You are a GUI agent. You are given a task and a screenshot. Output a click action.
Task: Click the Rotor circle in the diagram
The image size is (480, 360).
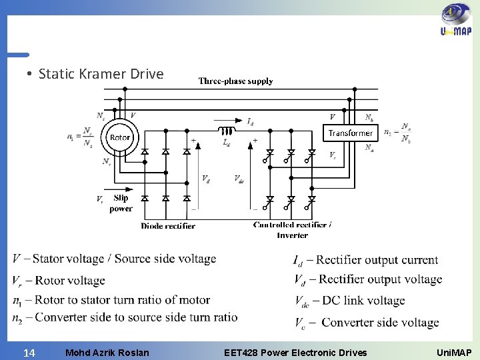120,138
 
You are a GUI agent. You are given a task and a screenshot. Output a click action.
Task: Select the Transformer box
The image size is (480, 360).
350,133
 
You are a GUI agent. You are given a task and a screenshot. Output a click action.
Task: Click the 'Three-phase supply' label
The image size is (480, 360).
235,81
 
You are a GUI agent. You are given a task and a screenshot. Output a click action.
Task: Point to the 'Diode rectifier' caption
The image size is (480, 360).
168,226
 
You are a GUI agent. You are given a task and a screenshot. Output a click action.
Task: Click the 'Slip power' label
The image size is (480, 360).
121,203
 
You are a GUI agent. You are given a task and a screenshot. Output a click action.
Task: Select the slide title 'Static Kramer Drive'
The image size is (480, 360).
101,73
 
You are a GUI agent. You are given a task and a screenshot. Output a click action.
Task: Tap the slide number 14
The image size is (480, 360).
29,351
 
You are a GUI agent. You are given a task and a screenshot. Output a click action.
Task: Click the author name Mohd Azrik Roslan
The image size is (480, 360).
107,351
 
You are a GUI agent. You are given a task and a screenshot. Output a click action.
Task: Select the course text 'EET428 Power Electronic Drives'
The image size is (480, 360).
295,351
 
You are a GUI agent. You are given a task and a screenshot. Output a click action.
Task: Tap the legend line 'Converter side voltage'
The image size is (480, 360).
366,323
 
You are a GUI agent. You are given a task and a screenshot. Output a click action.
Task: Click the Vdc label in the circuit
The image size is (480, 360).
239,178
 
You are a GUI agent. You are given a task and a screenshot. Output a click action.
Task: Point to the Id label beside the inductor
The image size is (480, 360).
249,121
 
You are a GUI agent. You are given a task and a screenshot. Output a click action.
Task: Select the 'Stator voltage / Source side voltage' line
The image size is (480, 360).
114,259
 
